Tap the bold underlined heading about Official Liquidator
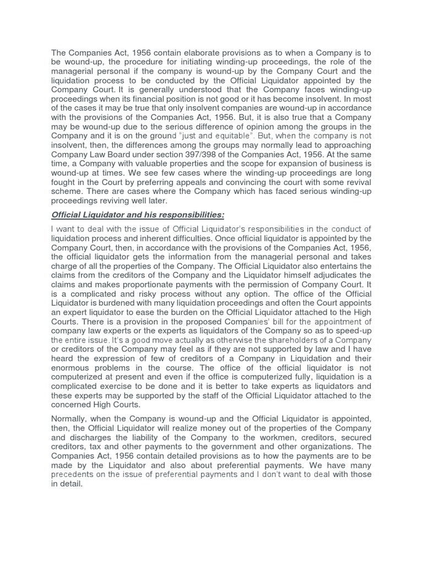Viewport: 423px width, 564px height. click(138, 214)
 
